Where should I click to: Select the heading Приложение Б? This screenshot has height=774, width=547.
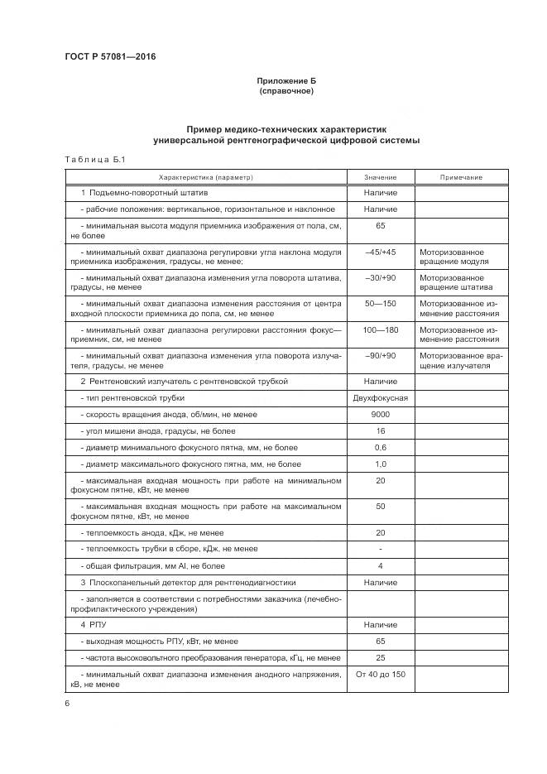286,80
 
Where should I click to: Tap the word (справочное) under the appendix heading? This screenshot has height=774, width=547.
286,91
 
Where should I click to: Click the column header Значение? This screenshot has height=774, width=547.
380,177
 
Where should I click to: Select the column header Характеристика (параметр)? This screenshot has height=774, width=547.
205,177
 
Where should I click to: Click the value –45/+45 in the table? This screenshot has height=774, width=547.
380,252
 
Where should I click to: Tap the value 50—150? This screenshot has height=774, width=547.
380,304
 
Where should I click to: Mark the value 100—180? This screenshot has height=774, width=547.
380,329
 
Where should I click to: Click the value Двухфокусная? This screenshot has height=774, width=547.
380,398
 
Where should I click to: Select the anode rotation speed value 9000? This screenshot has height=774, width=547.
380,415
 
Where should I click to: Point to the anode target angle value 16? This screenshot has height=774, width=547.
380,431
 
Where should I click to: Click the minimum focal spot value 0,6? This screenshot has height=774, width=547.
380,448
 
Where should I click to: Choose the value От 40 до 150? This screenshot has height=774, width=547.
380,675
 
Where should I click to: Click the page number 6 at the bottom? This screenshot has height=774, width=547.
67,703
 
